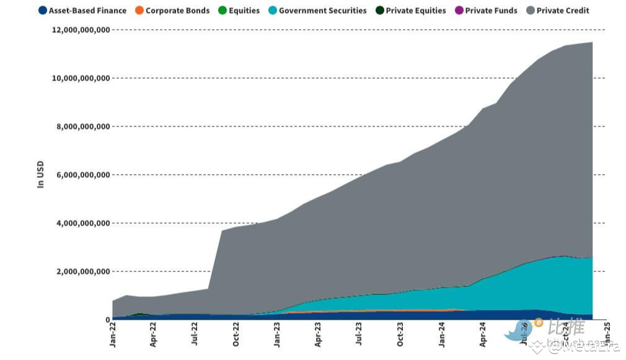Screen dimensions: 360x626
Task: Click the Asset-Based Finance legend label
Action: coord(87,11)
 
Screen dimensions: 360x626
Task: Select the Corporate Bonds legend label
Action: coord(177,11)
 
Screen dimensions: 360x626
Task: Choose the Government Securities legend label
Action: coord(322,11)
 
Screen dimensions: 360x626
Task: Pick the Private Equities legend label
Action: coord(415,11)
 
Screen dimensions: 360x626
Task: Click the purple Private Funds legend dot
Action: coord(459,11)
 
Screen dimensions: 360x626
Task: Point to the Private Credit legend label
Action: coord(563,11)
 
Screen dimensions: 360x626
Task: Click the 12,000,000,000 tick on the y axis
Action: coord(81,30)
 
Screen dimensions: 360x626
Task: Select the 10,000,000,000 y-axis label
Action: coord(81,78)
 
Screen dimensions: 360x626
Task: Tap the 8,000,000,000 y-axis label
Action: coord(84,126)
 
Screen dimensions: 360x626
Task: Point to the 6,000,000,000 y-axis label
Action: coord(84,175)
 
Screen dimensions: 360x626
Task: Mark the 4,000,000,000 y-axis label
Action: coord(84,223)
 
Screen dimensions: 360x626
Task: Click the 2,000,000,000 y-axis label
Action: coord(84,271)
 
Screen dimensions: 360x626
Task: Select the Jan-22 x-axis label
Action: coord(112,335)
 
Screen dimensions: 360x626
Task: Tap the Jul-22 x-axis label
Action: coord(195,335)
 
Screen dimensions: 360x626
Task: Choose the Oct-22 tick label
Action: coord(236,335)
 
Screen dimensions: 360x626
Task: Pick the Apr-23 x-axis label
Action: coord(318,335)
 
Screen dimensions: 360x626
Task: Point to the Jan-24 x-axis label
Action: coord(441,335)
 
